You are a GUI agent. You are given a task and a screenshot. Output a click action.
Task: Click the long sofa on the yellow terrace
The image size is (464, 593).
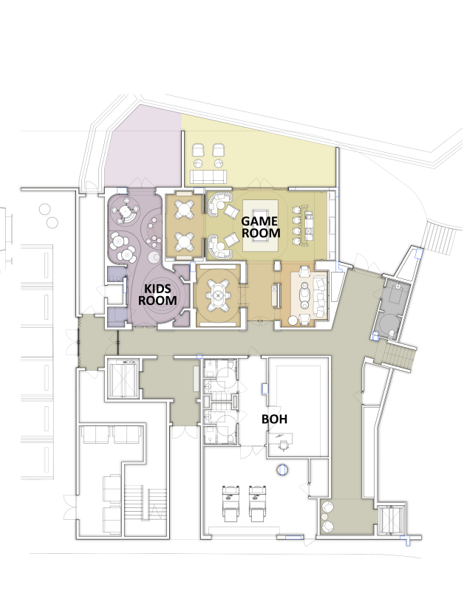click(x=210, y=176)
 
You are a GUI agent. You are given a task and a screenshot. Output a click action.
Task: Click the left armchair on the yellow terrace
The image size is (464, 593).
click(x=198, y=152)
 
